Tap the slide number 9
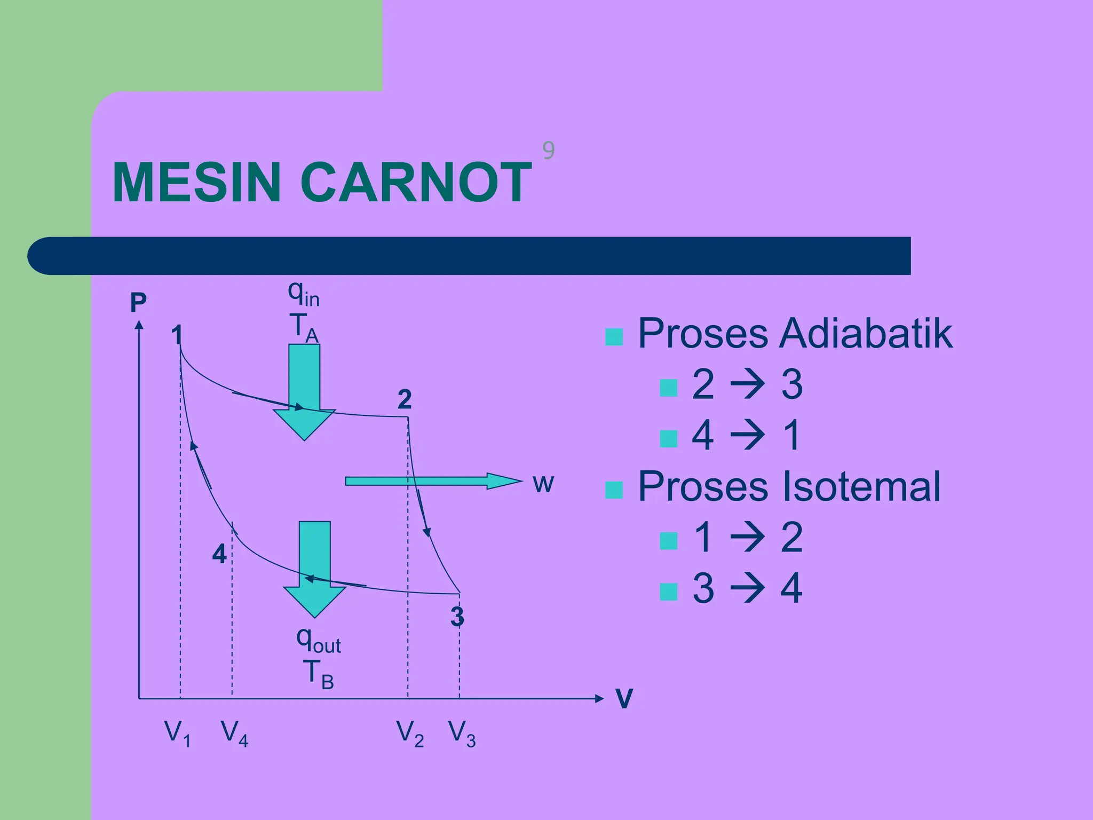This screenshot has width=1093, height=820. click(x=548, y=151)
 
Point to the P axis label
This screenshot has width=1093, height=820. click(x=138, y=303)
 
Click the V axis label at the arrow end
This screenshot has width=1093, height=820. click(x=624, y=698)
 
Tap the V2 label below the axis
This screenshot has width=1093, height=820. click(x=410, y=734)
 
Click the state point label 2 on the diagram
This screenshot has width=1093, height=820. click(x=405, y=399)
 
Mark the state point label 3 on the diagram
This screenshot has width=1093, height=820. click(x=457, y=617)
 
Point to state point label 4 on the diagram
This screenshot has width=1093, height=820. click(x=219, y=554)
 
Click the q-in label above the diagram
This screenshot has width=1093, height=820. click(x=304, y=294)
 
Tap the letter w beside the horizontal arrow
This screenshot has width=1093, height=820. click(x=543, y=484)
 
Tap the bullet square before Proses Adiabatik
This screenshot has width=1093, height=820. click(x=614, y=337)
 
